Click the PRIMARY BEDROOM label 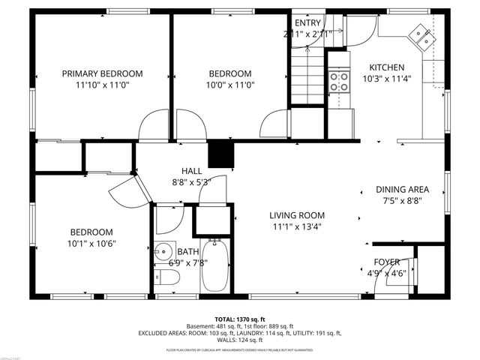(102, 73)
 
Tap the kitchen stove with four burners (339, 80)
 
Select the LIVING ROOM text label (298, 215)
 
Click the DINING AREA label (402, 189)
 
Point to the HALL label (191, 170)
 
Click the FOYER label (387, 262)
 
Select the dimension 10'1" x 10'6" (91, 243)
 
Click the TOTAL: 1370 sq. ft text (240, 319)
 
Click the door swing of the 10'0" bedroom (273, 123)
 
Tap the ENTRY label (307, 22)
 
